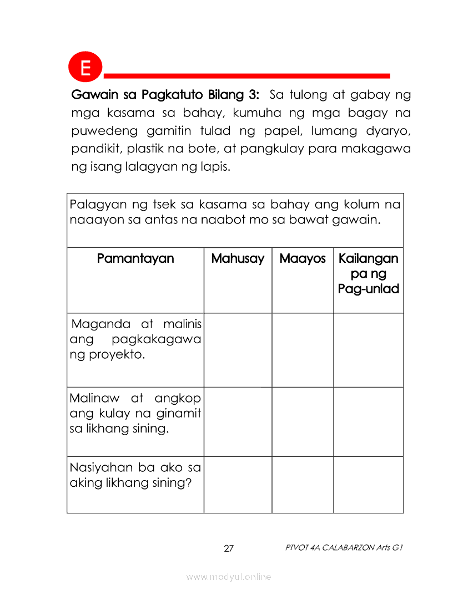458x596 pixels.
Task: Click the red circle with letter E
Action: tap(85, 68)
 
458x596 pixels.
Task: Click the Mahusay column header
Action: tap(238, 259)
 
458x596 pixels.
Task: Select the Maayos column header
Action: tap(303, 259)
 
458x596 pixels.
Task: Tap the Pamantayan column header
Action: tap(135, 259)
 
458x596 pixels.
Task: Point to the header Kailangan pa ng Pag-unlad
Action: tap(368, 273)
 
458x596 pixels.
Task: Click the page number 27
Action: tap(229, 549)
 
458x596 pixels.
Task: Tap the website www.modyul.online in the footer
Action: tap(229, 577)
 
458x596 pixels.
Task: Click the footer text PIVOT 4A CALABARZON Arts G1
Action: tap(344, 548)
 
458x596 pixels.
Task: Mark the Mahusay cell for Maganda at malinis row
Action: tap(238, 350)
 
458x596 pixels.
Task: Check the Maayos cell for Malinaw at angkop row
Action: tap(303, 421)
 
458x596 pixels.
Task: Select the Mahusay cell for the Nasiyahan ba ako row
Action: tap(238, 485)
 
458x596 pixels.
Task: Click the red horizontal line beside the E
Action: tap(247, 75)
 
